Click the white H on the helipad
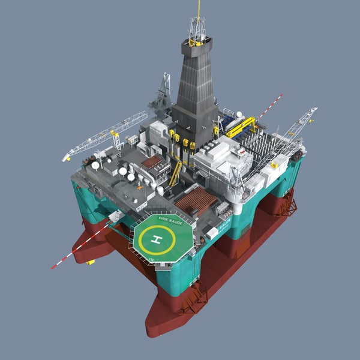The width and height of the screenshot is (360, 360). coord(157,241)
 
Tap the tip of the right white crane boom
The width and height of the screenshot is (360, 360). coord(314,110)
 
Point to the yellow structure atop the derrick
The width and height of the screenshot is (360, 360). coord(197,41)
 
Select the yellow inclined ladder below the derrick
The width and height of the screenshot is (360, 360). coord(175,173)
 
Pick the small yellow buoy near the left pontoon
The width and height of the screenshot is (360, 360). coord(90,262)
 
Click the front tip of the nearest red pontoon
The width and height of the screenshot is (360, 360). coord(155,329)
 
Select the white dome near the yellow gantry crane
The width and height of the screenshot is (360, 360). coord(239,114)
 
